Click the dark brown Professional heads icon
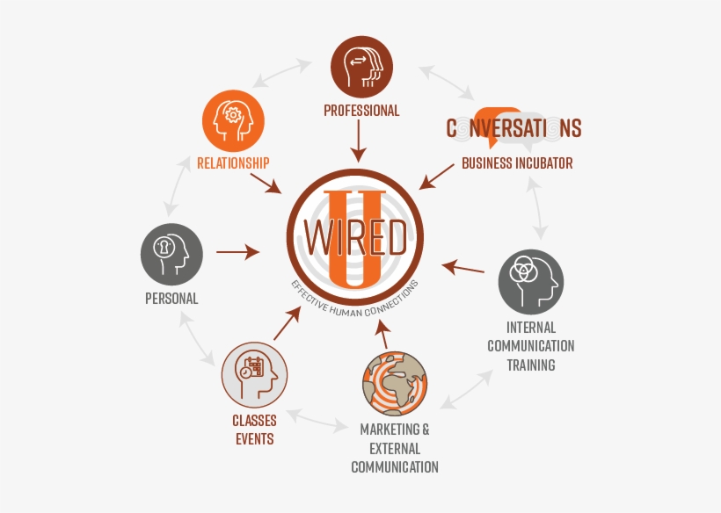361,67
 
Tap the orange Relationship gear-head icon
233,121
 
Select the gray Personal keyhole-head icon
171,255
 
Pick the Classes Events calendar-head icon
254,375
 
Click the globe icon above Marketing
395,384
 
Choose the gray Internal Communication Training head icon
530,282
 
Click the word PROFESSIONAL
361,111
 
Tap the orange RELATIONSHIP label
233,163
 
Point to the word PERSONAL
171,299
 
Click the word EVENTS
255,439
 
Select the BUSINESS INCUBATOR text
517,163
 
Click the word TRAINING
531,365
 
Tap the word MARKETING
390,430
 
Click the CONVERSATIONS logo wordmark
514,128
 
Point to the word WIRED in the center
355,237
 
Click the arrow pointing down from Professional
358,141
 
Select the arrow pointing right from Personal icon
237,252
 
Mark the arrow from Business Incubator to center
436,177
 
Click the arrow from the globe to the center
383,334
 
